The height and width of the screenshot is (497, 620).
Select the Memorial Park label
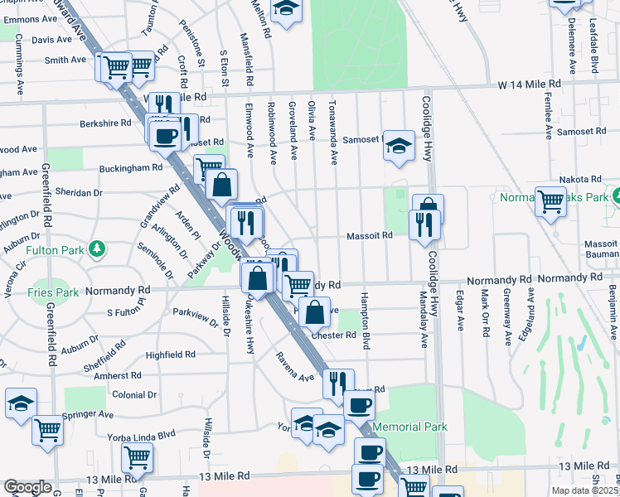(409, 427)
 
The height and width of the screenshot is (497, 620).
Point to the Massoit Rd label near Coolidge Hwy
(375, 235)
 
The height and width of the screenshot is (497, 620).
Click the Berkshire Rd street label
(105, 123)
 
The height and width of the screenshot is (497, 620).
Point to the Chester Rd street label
(334, 335)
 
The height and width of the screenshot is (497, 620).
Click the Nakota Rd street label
(579, 179)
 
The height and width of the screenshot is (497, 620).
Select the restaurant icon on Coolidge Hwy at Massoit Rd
(424, 224)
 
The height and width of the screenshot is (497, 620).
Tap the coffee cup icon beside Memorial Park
(359, 404)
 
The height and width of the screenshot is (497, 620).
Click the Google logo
(27, 487)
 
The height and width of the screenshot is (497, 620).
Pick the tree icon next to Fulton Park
(98, 248)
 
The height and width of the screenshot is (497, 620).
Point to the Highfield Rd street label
(170, 355)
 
